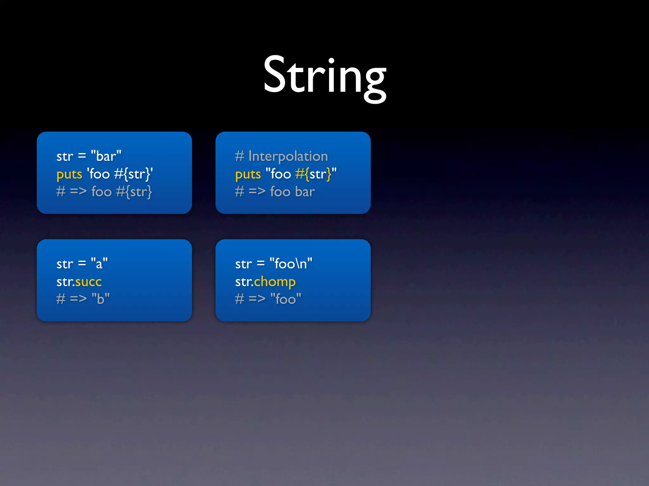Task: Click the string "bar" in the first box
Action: click(106, 156)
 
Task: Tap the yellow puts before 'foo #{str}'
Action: click(69, 174)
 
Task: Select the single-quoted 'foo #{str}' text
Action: click(120, 174)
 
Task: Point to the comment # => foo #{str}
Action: click(104, 192)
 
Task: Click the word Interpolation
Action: click(288, 156)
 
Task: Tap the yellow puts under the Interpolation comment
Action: click(248, 174)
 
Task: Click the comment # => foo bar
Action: click(275, 192)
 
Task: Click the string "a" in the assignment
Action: click(99, 264)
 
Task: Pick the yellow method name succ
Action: click(88, 282)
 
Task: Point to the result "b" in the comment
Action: click(100, 299)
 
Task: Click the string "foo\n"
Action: click(291, 264)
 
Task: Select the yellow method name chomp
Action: click(275, 282)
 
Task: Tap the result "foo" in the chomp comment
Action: click(286, 299)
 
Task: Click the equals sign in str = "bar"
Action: click(82, 156)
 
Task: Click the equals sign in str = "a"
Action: click(82, 264)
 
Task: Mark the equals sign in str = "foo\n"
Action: click(260, 264)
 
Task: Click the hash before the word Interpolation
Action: click(239, 156)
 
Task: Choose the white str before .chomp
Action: click(243, 282)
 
